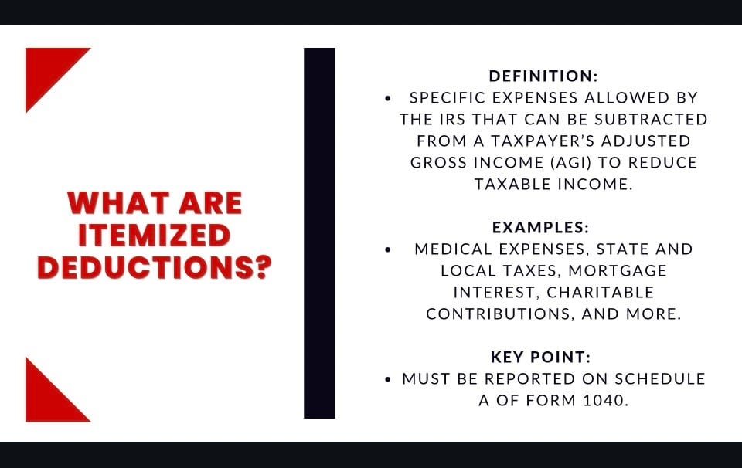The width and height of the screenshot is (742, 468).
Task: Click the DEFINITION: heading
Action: (x=543, y=76)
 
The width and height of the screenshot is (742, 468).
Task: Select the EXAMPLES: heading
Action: (x=540, y=227)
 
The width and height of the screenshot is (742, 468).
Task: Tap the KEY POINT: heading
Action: (x=540, y=357)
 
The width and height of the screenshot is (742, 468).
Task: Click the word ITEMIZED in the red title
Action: (x=155, y=235)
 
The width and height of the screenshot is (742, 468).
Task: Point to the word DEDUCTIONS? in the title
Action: (x=155, y=267)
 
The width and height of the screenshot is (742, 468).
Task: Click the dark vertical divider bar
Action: (x=319, y=233)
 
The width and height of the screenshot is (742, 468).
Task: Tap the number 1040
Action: (x=605, y=400)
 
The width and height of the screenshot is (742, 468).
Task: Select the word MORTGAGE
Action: (x=618, y=270)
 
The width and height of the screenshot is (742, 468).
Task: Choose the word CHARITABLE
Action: (x=600, y=292)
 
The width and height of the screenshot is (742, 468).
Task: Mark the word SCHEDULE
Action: (x=660, y=378)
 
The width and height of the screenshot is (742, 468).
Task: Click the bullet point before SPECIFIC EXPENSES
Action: (x=388, y=98)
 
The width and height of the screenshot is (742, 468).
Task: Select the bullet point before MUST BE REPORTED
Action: (x=388, y=379)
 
